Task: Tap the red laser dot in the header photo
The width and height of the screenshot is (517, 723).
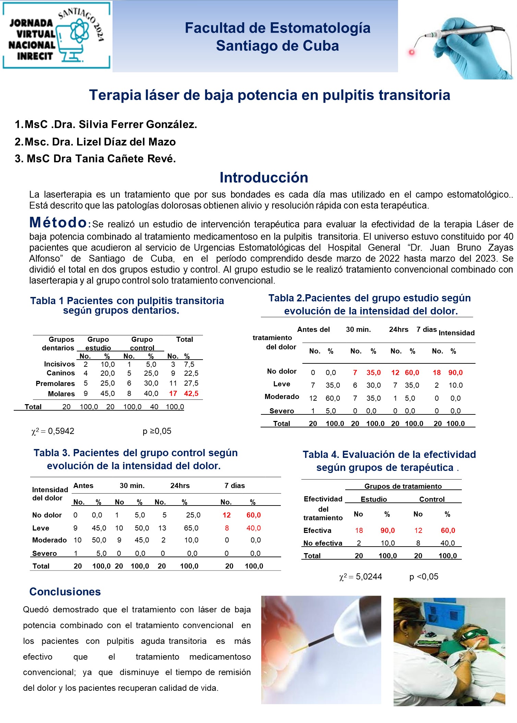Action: (x=412, y=52)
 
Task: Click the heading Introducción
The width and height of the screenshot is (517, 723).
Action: (x=264, y=177)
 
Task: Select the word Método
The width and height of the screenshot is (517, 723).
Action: (x=58, y=223)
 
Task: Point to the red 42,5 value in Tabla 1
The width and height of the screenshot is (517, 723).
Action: (x=191, y=394)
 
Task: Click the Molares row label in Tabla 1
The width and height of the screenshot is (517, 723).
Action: (x=61, y=394)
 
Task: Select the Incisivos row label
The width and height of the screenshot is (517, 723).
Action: (x=59, y=364)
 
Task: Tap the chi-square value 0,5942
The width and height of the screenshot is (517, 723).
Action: (x=61, y=431)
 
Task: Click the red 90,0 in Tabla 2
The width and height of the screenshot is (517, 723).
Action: (x=455, y=373)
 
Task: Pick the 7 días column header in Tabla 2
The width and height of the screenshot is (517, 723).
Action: (x=426, y=329)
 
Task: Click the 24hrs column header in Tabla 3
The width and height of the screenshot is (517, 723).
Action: (x=180, y=486)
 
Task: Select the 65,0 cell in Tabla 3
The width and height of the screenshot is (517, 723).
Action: (x=191, y=528)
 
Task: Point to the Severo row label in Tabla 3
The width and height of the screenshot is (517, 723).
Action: (x=45, y=553)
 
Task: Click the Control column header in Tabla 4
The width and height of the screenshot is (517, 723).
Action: (x=432, y=499)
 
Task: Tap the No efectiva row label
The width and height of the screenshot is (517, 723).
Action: (x=323, y=543)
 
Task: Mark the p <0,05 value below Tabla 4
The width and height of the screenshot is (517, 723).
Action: (x=424, y=577)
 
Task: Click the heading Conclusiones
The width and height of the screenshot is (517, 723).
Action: (x=65, y=592)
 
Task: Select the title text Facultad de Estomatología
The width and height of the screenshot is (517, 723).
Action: (x=277, y=28)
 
